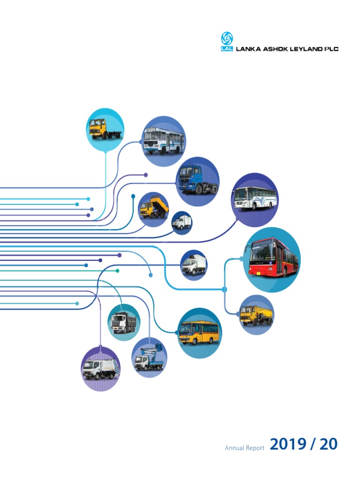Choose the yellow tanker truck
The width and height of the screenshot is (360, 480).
(x=256, y=315)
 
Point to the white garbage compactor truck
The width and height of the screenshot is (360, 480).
(x=101, y=369)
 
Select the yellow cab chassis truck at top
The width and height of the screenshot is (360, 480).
(x=105, y=128)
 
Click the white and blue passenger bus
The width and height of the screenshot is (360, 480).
(x=163, y=139)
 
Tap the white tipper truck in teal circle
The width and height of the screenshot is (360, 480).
(x=123, y=322)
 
